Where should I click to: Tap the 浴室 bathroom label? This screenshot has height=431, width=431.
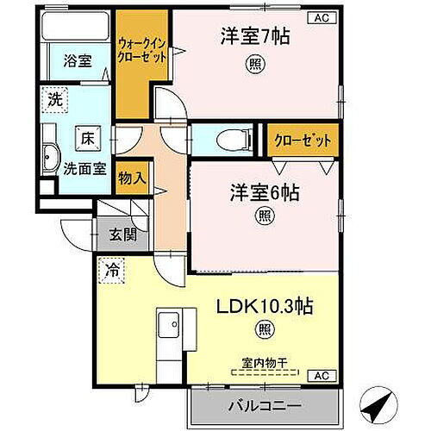tap(78, 60)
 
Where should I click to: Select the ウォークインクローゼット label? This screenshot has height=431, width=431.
tap(143, 45)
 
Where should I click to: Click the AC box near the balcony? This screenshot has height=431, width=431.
tap(320, 376)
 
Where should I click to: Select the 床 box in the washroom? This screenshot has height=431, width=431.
tap(87, 136)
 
